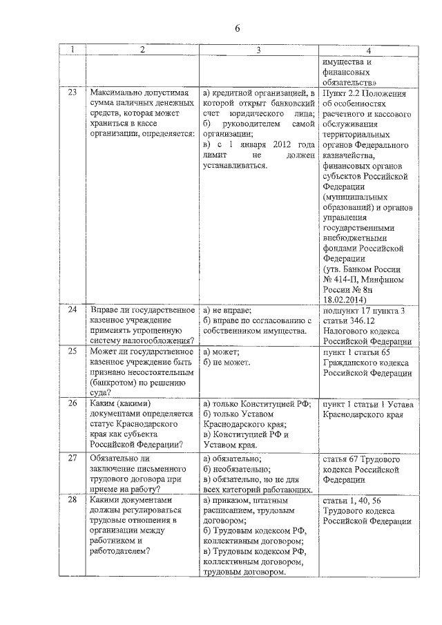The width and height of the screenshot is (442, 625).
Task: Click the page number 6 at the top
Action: pos(236,28)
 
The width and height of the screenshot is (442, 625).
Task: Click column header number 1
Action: pos(73,50)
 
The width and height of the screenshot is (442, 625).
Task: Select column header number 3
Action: pos(258,50)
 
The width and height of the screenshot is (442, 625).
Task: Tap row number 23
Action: pos(73,92)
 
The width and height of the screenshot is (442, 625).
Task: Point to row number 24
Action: pos(73,309)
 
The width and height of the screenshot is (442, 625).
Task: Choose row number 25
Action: pos(73,352)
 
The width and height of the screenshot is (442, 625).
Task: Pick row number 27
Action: pos(73,458)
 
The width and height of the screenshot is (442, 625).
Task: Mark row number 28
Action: pos(73,499)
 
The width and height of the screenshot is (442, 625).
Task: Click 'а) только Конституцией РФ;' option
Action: pos(256,403)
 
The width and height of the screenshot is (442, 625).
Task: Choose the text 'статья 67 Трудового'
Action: pos(361,458)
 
